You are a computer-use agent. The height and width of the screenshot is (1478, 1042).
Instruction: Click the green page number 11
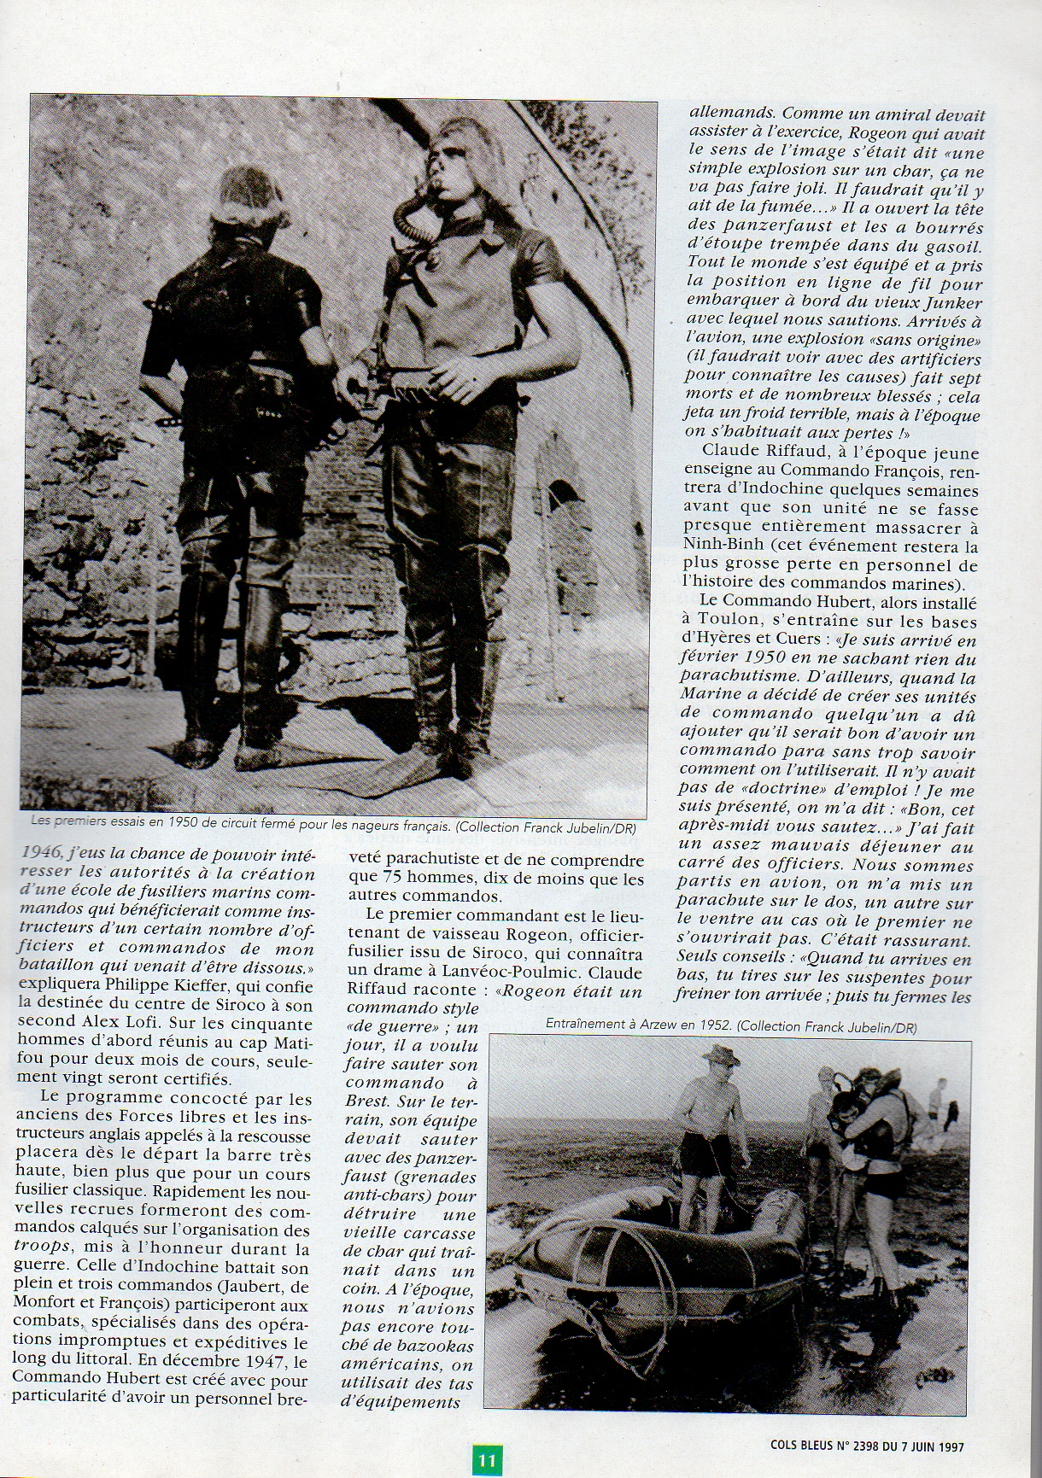487,1459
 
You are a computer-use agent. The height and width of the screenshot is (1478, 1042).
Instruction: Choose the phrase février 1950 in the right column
730,659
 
